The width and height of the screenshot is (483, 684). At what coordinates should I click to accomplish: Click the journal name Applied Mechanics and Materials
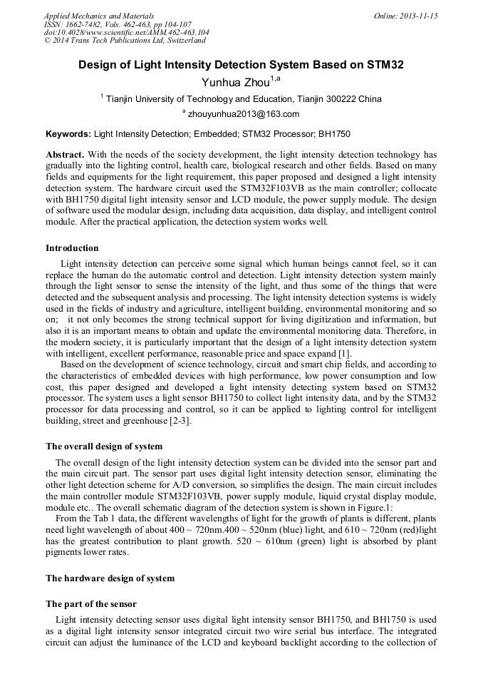(99, 16)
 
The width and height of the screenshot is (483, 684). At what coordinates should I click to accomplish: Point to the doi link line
(126, 33)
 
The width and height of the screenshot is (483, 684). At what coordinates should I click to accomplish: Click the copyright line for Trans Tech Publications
(125, 41)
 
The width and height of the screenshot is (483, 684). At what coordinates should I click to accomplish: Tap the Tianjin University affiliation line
(243, 99)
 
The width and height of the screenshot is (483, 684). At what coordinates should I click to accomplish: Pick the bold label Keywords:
(68, 134)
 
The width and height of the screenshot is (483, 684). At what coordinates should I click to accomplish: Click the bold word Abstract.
(65, 155)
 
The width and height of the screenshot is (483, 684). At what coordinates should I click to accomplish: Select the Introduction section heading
(72, 248)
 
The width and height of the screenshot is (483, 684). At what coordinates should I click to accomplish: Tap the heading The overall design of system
(104, 446)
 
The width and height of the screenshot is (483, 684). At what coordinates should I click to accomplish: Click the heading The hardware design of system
(110, 578)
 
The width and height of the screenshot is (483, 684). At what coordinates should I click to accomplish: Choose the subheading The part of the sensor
(91, 603)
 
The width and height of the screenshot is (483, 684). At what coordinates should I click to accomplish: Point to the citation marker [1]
(343, 354)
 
